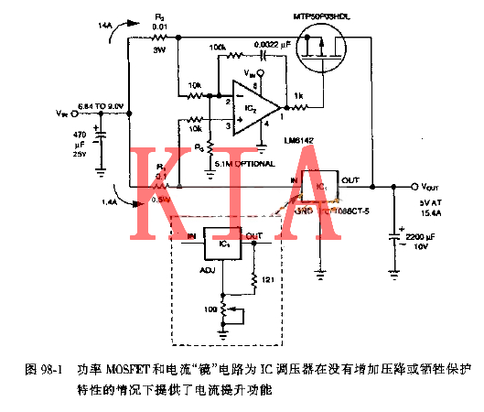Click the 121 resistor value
268,279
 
